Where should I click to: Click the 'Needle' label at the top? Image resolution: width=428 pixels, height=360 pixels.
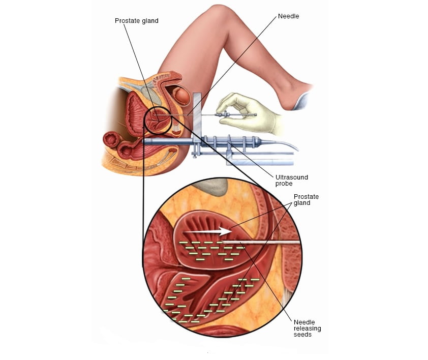point(288,16)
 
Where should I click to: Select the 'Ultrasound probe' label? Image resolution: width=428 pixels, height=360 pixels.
point(291,181)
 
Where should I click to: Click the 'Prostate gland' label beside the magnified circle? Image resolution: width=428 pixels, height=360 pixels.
point(306,200)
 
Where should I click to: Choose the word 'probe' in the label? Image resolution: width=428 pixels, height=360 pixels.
point(284,184)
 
